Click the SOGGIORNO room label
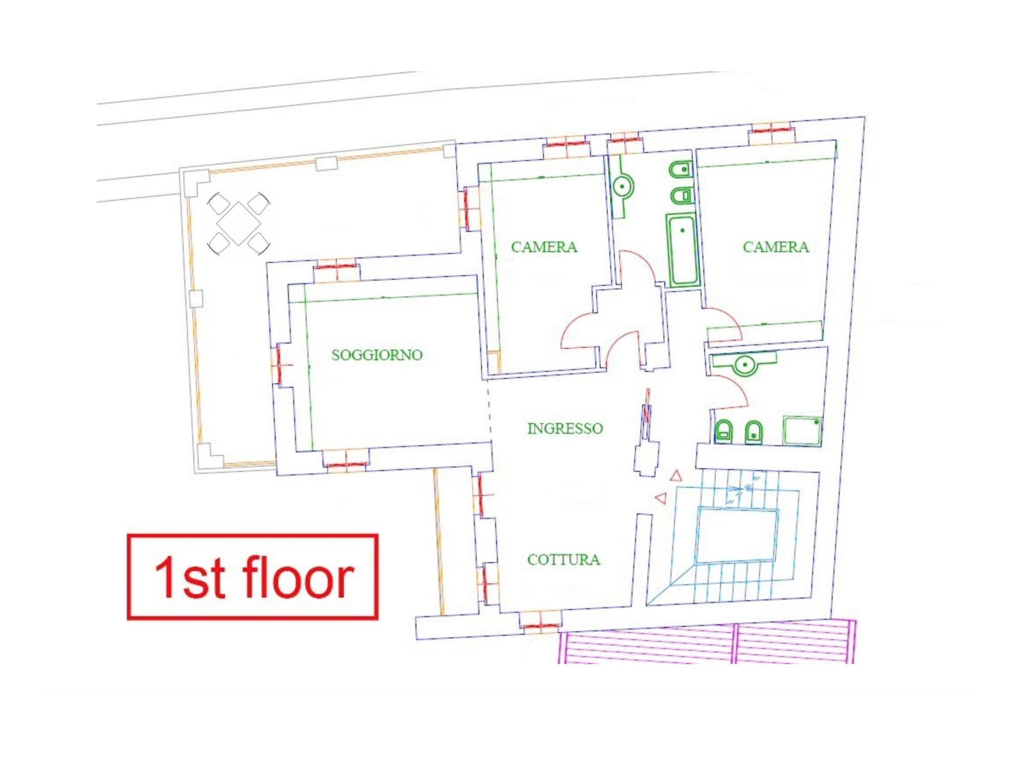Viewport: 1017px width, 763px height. [377, 355]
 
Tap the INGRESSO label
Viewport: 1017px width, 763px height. [565, 428]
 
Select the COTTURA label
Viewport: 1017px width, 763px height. [564, 560]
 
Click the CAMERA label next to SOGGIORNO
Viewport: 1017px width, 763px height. [544, 247]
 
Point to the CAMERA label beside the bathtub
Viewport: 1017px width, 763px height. [776, 247]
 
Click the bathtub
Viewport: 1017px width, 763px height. [682, 250]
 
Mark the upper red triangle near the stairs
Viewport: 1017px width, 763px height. [675, 476]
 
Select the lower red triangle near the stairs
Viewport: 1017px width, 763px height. [660, 498]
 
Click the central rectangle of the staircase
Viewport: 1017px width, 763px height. [736, 535]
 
